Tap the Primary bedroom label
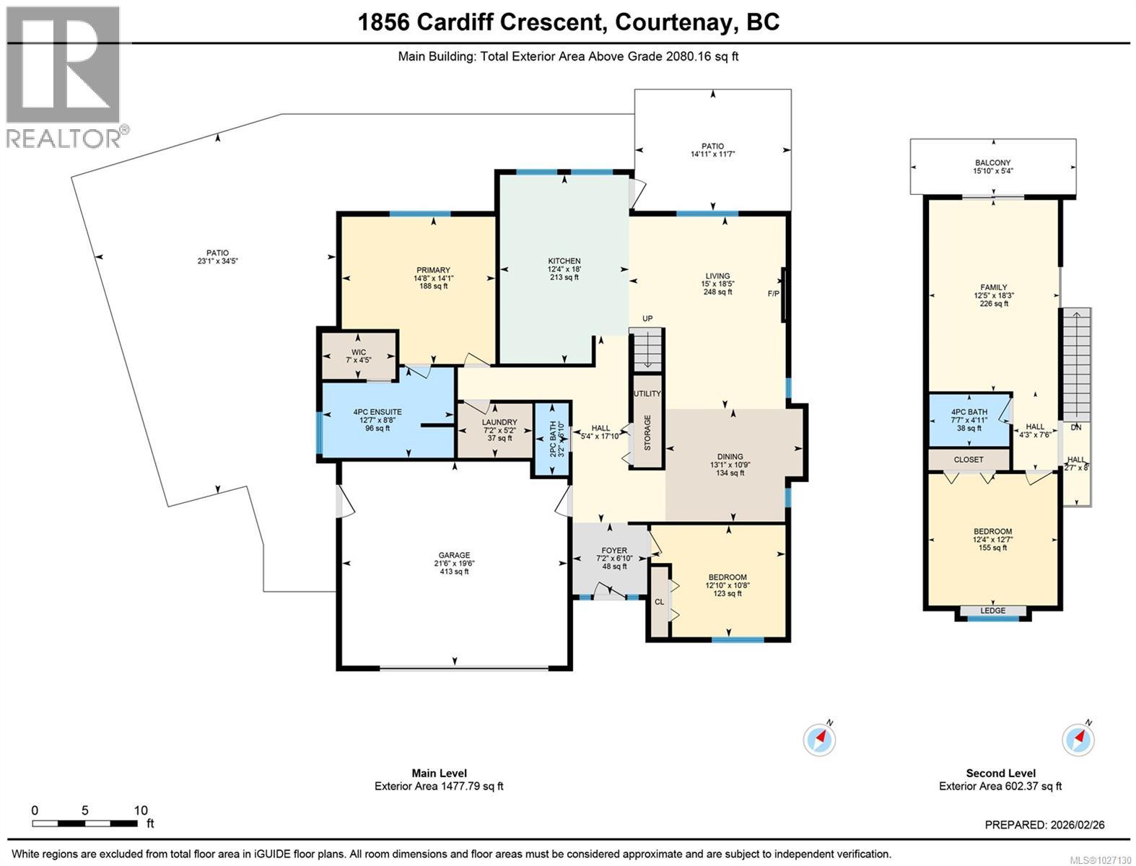pyautogui.click(x=433, y=271)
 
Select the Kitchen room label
pyautogui.click(x=564, y=261)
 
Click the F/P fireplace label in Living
pyautogui.click(x=773, y=294)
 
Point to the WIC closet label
pyautogui.click(x=359, y=352)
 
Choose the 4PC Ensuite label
pyautogui.click(x=377, y=412)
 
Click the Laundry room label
pyautogui.click(x=499, y=422)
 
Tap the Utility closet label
pyautogui.click(x=647, y=393)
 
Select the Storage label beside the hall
pyautogui.click(x=647, y=432)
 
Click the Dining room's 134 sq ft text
pyautogui.click(x=730, y=473)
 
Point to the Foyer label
pyautogui.click(x=614, y=551)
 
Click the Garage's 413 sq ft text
pyautogui.click(x=454, y=572)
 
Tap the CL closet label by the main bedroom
pyautogui.click(x=659, y=601)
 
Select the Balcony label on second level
pyautogui.click(x=992, y=163)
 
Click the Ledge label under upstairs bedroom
pyautogui.click(x=993, y=611)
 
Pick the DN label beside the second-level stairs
pyautogui.click(x=1076, y=427)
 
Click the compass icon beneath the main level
pyautogui.click(x=819, y=739)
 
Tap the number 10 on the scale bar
pyautogui.click(x=141, y=810)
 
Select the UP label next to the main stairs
pyautogui.click(x=647, y=318)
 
